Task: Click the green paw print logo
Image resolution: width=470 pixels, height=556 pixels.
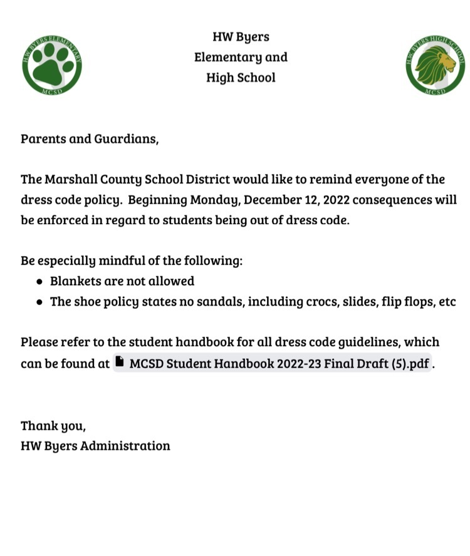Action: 51,65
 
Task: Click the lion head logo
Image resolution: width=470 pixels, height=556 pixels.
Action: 435,65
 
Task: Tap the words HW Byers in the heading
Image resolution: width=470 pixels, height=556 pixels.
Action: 241,37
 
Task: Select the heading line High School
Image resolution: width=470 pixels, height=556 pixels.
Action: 241,78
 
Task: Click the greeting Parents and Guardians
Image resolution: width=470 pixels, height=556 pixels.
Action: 89,138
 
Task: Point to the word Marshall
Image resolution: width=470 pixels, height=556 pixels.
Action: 68,180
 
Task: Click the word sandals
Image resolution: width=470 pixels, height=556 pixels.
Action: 220,302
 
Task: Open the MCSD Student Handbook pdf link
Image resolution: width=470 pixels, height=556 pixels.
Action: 279,364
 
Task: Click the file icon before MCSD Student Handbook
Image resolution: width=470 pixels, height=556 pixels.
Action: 120,363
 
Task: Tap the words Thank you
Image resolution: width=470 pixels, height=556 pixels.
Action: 53,426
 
